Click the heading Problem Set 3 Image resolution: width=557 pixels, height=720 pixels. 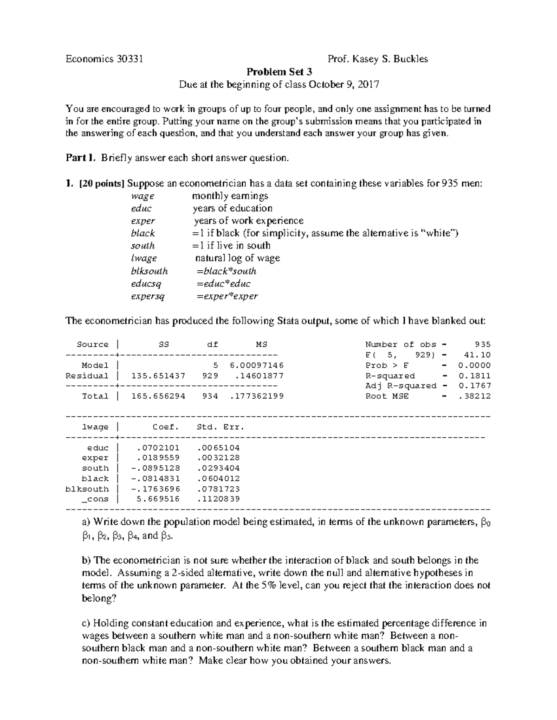(278, 72)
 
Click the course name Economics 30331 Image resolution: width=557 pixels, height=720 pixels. (104, 59)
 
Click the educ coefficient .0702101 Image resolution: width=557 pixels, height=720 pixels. (158, 448)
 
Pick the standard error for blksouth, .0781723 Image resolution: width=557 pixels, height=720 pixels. (218, 489)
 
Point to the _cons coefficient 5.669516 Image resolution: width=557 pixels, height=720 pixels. (158, 499)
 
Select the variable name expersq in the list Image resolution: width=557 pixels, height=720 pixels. (148, 296)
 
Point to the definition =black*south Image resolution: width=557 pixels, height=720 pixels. (226, 271)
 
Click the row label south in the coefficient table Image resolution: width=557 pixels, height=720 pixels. (96, 468)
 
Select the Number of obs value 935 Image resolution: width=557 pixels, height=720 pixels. (483, 344)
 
